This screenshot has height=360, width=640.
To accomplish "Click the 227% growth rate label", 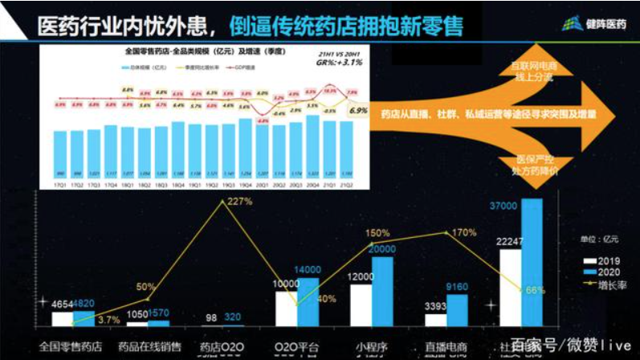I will click(x=239, y=202).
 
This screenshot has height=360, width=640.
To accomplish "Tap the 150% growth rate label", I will click(x=378, y=234).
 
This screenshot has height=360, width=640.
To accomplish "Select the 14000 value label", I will click(x=308, y=269).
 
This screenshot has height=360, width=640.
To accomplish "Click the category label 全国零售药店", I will click(x=71, y=347).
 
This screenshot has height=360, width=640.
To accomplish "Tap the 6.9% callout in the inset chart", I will click(x=358, y=110).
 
